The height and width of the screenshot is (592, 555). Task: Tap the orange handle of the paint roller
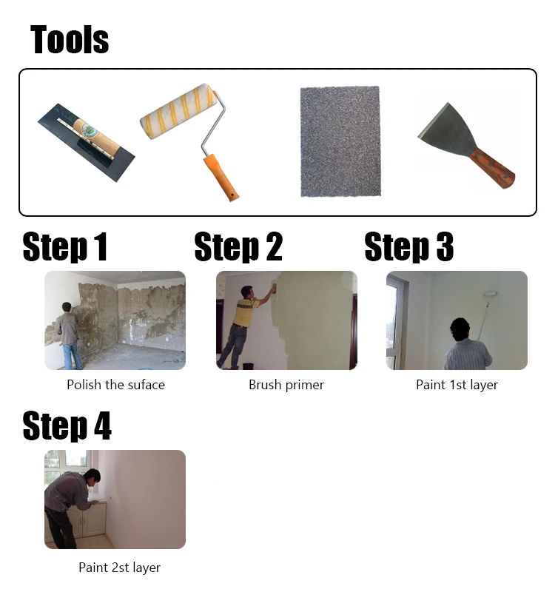[221, 178]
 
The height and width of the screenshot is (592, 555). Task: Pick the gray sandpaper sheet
[341, 141]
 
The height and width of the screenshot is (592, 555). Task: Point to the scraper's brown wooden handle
[494, 168]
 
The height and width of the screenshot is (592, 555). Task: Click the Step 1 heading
[65, 247]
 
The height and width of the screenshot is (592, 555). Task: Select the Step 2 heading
[238, 247]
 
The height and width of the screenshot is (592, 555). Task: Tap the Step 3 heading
[408, 247]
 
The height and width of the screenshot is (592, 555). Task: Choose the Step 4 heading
[67, 426]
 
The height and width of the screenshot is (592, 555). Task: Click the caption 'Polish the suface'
[115, 385]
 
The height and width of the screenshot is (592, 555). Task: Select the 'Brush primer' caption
[286, 385]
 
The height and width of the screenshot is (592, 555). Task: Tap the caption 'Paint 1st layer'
[457, 385]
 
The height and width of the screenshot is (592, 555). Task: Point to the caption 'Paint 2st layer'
[119, 568]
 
